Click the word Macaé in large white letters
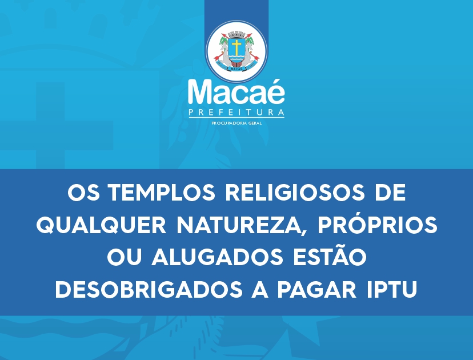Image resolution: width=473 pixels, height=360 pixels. [236, 92]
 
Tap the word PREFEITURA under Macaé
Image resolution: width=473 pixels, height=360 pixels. [236, 113]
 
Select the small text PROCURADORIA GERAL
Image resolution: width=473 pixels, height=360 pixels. [236, 123]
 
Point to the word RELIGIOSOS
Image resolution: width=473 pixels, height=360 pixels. [295, 192]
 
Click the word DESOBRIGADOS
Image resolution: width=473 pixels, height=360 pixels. [149, 289]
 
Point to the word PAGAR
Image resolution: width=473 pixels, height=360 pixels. [316, 289]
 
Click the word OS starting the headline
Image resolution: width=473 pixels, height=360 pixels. [83, 192]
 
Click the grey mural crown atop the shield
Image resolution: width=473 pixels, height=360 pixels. [236, 34]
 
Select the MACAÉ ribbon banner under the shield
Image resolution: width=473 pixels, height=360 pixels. [236, 69]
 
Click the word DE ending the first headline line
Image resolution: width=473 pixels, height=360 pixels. [390, 192]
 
